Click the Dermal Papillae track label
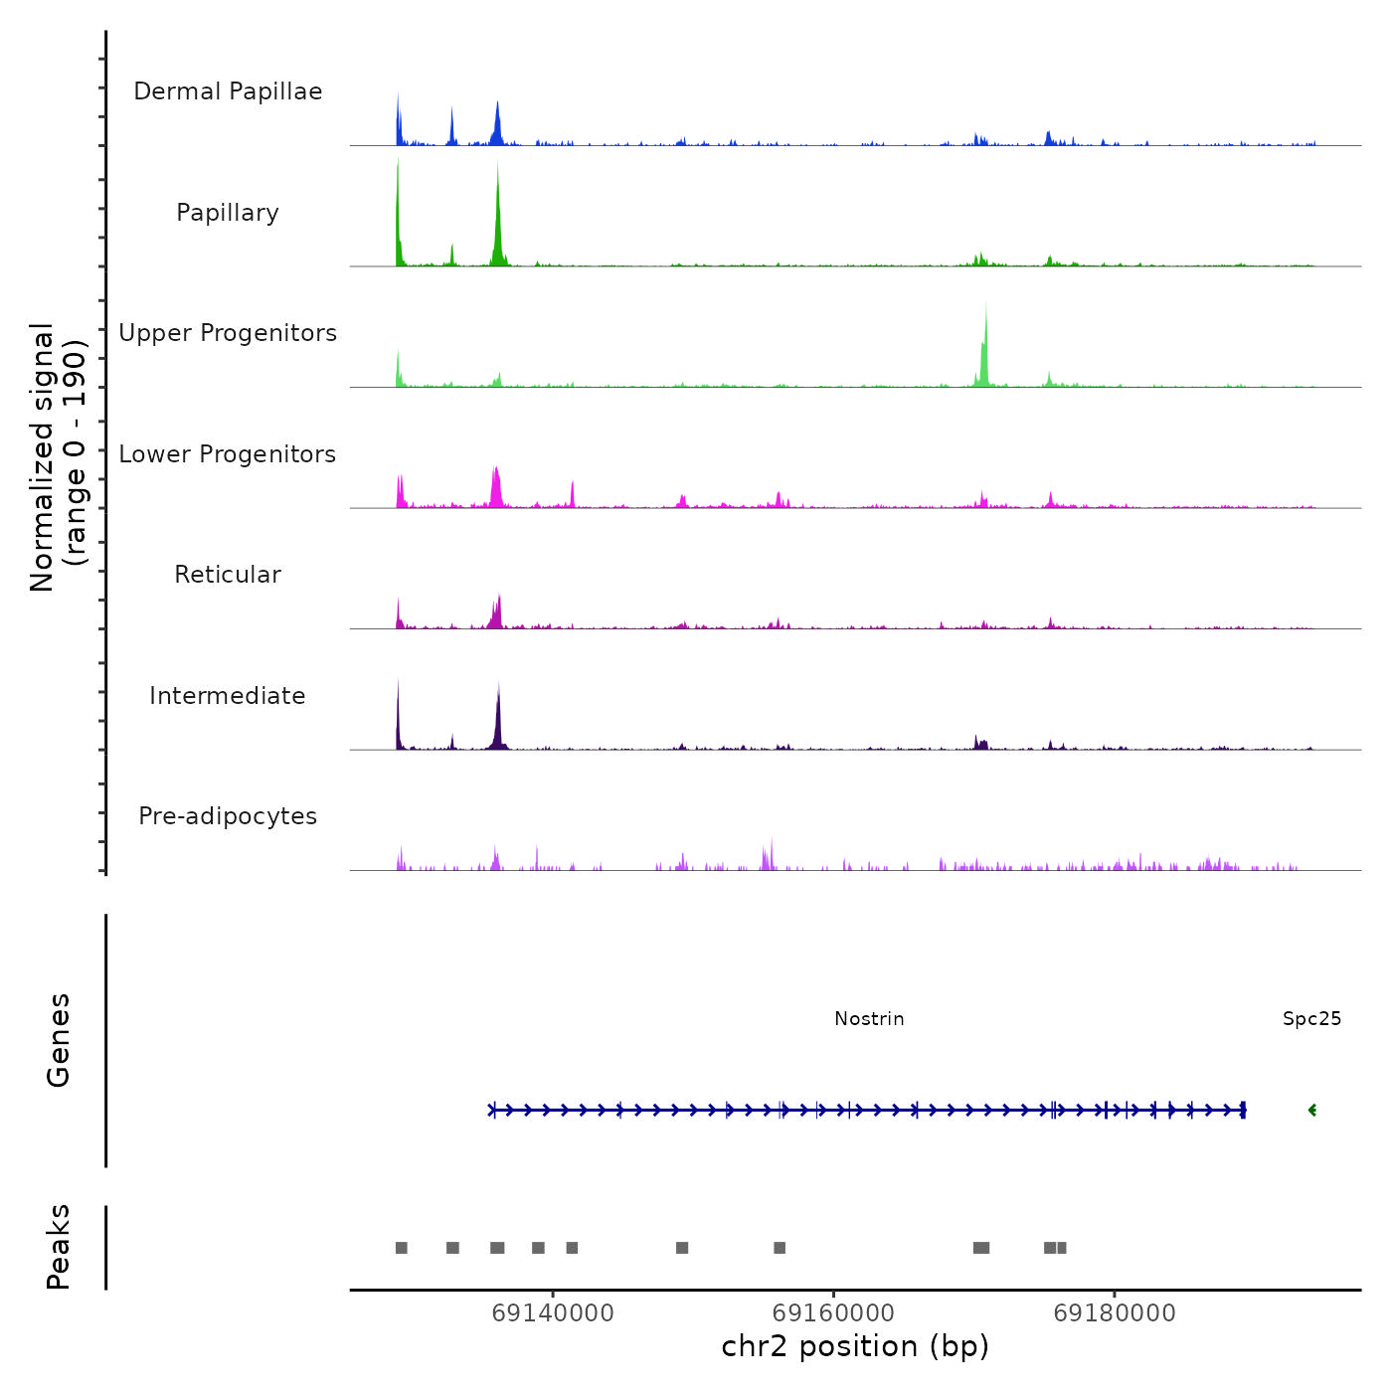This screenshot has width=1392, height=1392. tap(228, 91)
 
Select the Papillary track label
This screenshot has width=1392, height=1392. tap(228, 213)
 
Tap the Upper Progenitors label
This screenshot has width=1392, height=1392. tap(228, 333)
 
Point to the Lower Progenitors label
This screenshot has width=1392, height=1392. tap(228, 454)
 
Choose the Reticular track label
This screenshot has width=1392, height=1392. tap(228, 575)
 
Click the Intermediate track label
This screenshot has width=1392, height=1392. tap(228, 696)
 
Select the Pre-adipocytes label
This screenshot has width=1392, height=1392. tap(228, 816)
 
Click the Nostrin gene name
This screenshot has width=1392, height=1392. tap(869, 1019)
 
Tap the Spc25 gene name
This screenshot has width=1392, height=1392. tap(1311, 1019)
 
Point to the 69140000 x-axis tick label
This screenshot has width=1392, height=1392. tap(553, 1313)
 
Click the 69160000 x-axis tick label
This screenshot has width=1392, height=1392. tap(833, 1313)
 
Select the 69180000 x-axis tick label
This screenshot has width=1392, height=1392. tap(1115, 1313)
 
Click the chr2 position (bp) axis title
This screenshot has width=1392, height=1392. tap(855, 1346)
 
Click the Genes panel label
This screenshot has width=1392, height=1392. tap(59, 1040)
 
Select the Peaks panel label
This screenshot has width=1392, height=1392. tap(59, 1247)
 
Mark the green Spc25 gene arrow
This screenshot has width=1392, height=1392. tap(1312, 1111)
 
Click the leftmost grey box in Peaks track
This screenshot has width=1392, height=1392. tap(402, 1248)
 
